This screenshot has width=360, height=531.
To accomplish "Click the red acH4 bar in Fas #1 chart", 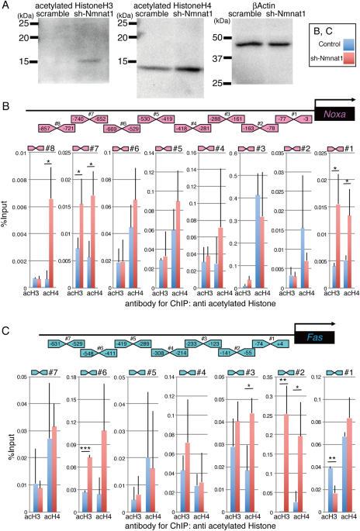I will [x=348, y=464].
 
